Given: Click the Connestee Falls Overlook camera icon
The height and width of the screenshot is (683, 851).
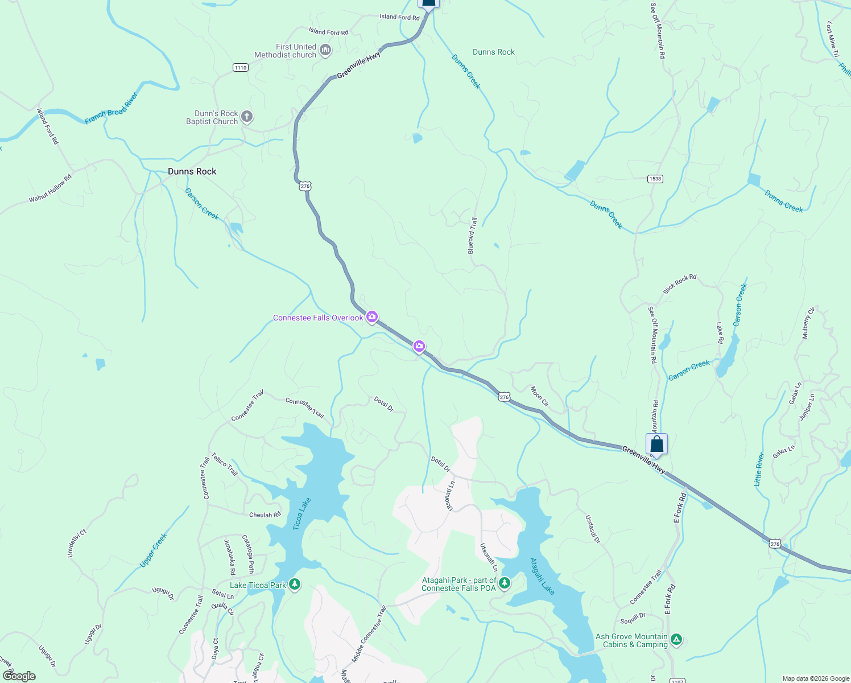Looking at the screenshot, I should (372, 317).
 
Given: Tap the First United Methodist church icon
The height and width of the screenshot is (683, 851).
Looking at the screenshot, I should (325, 50).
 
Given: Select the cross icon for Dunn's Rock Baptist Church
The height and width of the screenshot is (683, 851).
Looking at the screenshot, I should (246, 117).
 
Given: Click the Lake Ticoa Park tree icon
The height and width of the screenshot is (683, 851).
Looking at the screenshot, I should (295, 585).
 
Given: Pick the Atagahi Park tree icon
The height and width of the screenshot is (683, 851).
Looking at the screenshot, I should (504, 583).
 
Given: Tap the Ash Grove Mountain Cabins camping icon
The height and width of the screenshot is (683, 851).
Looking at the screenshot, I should (676, 640).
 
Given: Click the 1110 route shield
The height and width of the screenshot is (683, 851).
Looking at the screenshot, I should (241, 68).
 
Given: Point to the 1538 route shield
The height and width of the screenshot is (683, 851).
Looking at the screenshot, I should (655, 179).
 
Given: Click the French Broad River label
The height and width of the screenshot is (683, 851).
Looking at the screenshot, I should (111, 108).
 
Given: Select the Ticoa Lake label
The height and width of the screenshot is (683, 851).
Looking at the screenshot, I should (302, 514).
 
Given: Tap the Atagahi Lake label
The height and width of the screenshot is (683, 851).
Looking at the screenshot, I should (542, 576).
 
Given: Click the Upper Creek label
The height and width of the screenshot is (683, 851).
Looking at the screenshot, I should (154, 550).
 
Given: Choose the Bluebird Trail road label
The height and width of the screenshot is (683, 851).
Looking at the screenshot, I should (472, 236).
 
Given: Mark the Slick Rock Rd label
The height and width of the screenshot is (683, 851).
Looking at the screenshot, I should (680, 285).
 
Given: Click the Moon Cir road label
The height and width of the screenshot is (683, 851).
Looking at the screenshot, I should (539, 396).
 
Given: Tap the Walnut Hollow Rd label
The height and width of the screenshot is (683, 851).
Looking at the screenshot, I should (51, 188).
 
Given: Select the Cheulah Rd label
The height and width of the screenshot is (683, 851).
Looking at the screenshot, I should (265, 515).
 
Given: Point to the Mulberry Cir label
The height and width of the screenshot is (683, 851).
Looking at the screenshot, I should (808, 323).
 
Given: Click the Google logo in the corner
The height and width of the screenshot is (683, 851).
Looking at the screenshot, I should (19, 676).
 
